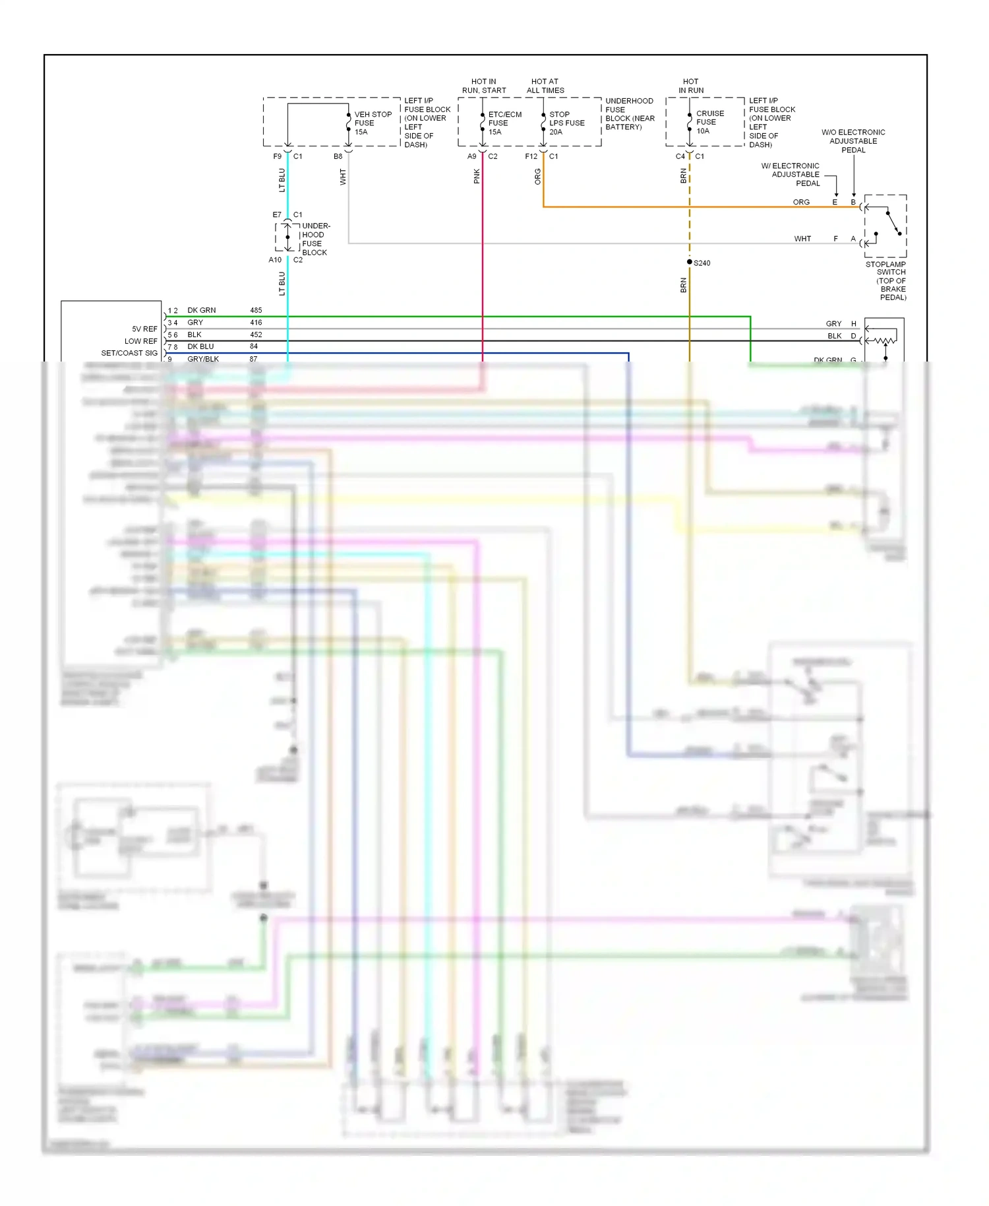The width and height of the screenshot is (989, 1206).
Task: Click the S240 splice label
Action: coord(702,263)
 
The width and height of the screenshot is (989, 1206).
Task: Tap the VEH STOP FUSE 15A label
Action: coord(373,123)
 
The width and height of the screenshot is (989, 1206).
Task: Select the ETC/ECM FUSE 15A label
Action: coord(504,123)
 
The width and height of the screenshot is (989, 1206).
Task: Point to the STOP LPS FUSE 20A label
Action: coord(566,123)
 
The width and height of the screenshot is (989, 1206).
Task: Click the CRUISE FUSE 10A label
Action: coord(709,122)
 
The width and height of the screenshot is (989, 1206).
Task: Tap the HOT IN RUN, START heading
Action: coord(484,86)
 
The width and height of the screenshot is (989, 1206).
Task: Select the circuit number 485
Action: coord(256,310)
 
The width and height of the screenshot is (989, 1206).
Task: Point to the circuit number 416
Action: coord(256,323)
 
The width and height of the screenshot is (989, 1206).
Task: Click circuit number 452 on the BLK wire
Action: coord(256,334)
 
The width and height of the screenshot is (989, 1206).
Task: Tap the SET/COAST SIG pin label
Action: coord(129,353)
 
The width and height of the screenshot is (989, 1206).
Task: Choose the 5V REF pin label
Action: coord(144,329)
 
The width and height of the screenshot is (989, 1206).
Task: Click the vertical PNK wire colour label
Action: coord(477,176)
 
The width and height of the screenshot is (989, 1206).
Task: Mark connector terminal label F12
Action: coord(531,156)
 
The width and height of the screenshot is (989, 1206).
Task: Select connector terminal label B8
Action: coord(338,156)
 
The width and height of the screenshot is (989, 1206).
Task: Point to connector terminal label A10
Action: coord(275,260)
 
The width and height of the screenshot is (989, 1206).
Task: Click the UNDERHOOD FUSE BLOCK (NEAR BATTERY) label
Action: coord(630,114)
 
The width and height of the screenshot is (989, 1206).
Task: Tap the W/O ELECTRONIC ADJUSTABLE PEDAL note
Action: coord(853,141)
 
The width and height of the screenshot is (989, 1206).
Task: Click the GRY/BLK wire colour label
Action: coord(203,359)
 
